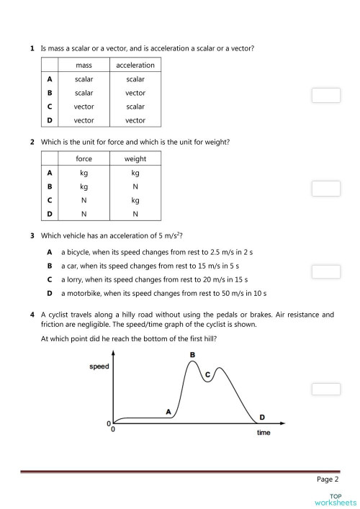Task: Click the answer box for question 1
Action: [325, 95]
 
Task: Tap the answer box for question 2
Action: [325, 188]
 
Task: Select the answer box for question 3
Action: [325, 272]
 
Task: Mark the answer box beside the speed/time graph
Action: [325, 389]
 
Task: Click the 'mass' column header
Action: [84, 66]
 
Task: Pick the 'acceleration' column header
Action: [135, 66]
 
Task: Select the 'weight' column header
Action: [135, 159]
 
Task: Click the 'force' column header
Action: [84, 159]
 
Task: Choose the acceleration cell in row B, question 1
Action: [135, 93]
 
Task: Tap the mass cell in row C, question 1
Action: [84, 107]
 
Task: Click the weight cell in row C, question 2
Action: [135, 200]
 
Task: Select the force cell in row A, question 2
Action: [84, 173]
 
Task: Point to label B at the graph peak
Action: [192, 355]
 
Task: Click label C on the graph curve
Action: [207, 375]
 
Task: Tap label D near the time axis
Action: [261, 417]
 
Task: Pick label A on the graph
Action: [168, 412]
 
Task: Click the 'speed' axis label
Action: [99, 366]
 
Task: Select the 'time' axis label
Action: [264, 433]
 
